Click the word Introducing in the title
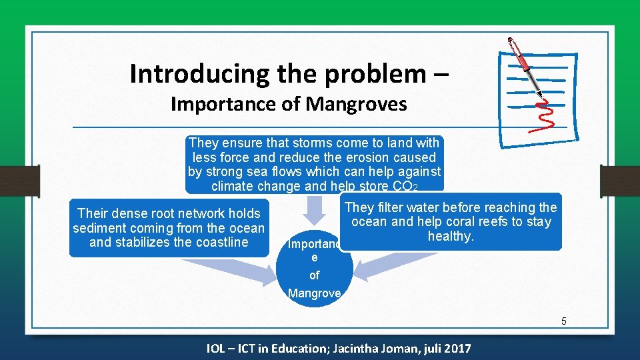point(189,73)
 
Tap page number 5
point(563,321)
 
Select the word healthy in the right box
point(450,237)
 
